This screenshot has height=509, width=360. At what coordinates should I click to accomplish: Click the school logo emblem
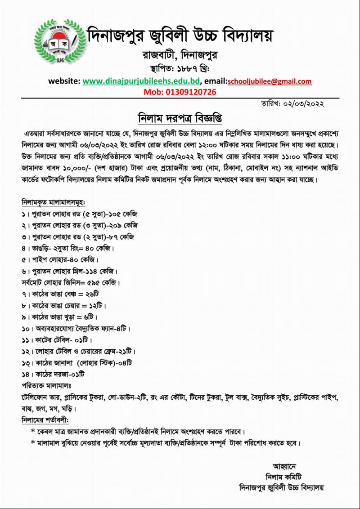click(x=61, y=41)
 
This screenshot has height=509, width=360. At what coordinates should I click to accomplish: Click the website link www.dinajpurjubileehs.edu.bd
click(x=141, y=81)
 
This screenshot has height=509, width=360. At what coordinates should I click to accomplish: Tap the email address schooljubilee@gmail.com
click(x=270, y=81)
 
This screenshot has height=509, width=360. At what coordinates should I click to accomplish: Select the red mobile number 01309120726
click(x=180, y=92)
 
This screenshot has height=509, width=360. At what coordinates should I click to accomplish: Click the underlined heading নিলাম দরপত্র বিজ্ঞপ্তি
click(x=180, y=118)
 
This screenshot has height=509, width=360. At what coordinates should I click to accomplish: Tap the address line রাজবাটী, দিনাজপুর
click(x=180, y=55)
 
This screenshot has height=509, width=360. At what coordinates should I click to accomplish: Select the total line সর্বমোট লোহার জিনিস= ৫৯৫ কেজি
click(x=71, y=283)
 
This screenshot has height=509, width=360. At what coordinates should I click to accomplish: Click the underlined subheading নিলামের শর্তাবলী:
click(x=45, y=420)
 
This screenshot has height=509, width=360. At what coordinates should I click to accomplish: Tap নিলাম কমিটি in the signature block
click(x=284, y=477)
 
